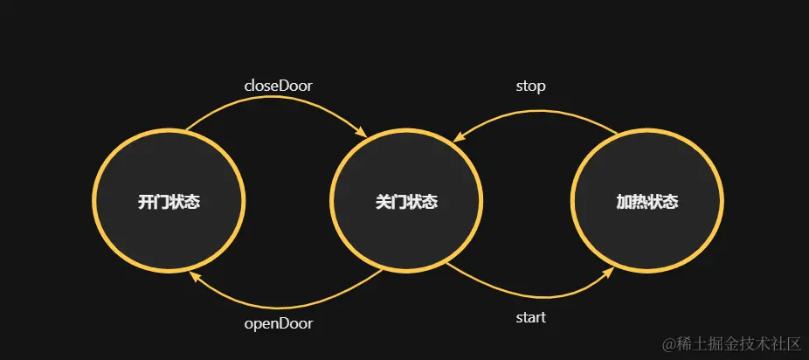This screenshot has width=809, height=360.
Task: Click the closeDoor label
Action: point(278,86)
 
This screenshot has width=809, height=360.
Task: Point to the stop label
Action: point(530,86)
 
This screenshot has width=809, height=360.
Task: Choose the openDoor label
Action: point(278,323)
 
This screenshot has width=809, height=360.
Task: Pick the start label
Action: point(530,317)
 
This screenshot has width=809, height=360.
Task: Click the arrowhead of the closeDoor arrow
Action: point(361,132)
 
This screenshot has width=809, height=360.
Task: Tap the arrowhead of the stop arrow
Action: point(458,136)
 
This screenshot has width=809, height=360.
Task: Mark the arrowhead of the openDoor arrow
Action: point(195,275)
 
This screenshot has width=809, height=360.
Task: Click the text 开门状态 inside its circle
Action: point(169,202)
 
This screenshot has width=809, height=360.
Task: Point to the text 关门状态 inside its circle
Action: point(406,202)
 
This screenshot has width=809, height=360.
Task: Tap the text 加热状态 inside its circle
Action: point(647,202)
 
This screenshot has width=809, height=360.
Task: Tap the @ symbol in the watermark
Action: point(670,342)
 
